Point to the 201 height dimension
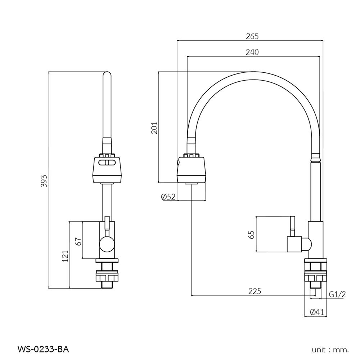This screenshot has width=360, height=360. [x=154, y=128]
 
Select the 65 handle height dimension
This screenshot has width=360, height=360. [x=252, y=234]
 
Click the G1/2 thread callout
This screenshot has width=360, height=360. [x=337, y=294]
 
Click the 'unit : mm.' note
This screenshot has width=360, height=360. [x=330, y=349]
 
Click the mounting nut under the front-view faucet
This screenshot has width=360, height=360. [x=107, y=278]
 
